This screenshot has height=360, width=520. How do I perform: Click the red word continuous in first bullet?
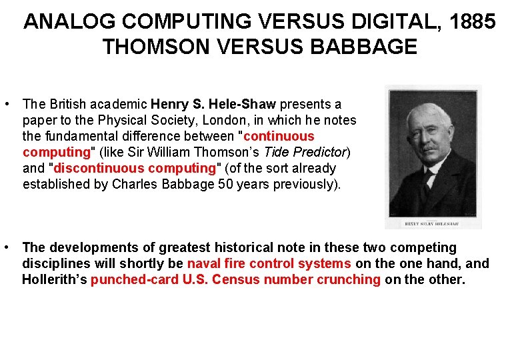pos(281,136)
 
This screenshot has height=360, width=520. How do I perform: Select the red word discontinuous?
pos(99,168)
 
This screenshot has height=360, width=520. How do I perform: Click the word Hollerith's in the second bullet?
pos(54,279)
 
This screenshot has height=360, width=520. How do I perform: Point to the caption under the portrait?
pos(433,223)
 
